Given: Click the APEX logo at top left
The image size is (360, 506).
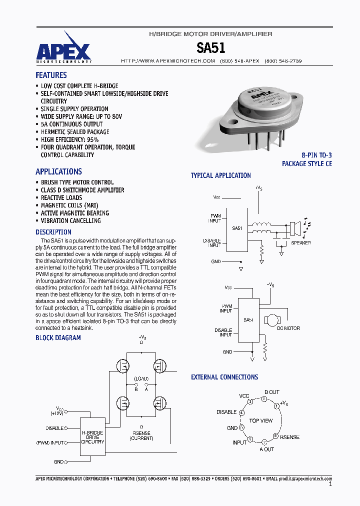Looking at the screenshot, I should [x=63, y=50].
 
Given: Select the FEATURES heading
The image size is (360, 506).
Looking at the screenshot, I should [x=51, y=75].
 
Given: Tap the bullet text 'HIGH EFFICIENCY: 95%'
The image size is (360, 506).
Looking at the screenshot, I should [x=69, y=139].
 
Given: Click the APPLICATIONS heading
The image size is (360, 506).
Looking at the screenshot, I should [x=58, y=171].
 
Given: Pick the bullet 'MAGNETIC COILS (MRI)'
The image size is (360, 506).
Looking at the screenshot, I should [x=69, y=205].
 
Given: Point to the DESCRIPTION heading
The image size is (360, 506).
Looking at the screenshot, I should [x=53, y=232].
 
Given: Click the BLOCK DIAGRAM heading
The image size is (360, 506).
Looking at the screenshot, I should [x=58, y=338].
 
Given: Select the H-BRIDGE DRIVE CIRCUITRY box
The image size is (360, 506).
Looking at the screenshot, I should [x=92, y=437].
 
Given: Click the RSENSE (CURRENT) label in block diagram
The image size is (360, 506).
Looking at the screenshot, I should [x=141, y=435].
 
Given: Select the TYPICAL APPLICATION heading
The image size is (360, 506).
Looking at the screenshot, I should [x=220, y=175].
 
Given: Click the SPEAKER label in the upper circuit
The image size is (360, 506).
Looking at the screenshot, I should [x=300, y=243].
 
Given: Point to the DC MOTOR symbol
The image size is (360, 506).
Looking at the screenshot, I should [x=273, y=319].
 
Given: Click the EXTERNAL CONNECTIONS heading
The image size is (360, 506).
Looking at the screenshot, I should [x=224, y=377].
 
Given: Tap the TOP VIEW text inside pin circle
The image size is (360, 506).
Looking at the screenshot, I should [x=261, y=420].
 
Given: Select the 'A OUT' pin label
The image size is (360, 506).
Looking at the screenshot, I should [x=266, y=449].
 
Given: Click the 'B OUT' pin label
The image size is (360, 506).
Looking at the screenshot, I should [x=272, y=392].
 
